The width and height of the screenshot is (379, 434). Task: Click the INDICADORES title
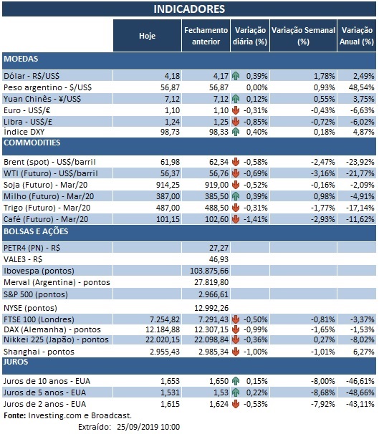(189, 9)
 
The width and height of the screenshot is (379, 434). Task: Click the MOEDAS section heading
(21, 58)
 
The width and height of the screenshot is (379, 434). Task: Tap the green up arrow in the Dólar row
(236, 75)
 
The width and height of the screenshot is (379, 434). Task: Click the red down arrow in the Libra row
(236, 121)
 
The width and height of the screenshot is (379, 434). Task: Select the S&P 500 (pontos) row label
(39, 294)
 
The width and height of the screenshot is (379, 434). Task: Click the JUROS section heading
(18, 362)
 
